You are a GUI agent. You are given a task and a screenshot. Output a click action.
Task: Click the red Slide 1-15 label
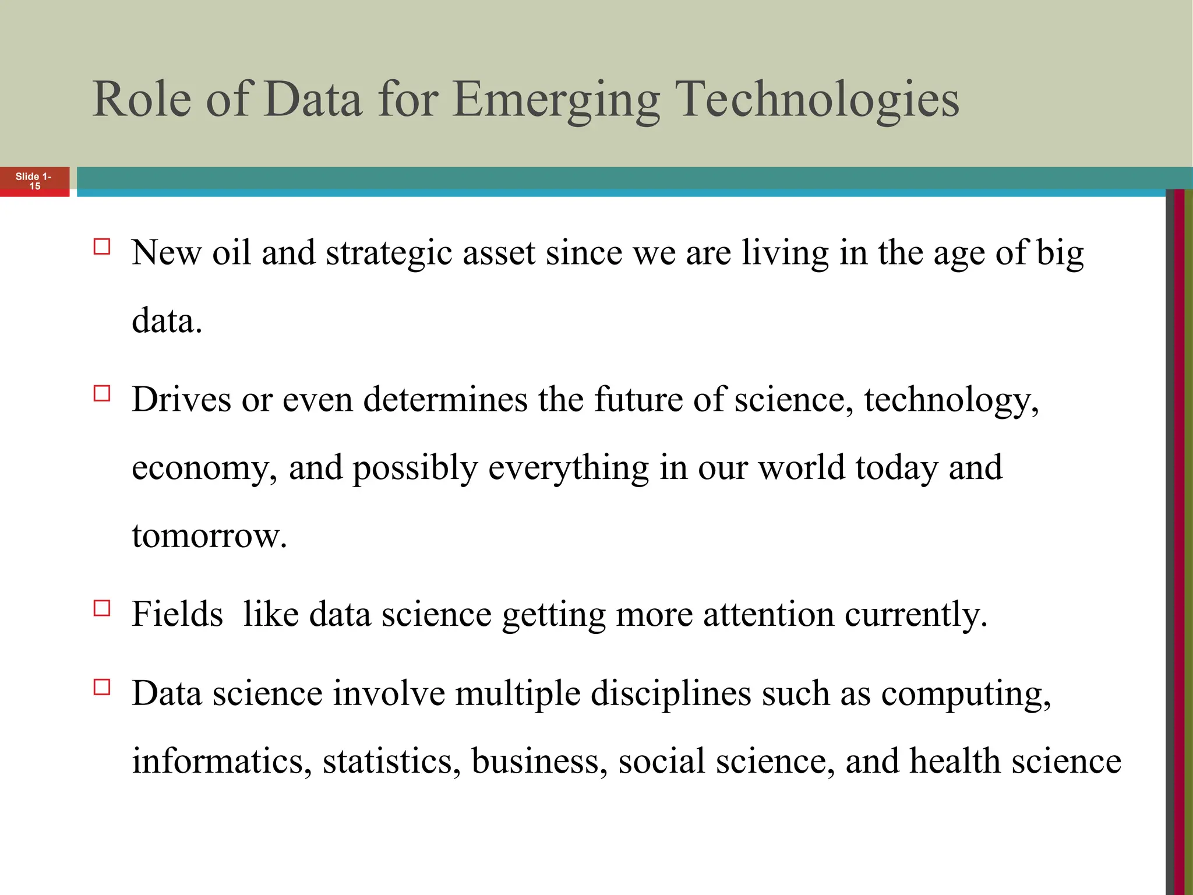click(x=34, y=181)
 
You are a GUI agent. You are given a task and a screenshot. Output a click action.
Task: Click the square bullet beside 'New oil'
click(x=102, y=246)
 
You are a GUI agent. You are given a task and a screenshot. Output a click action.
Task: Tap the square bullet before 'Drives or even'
click(x=102, y=393)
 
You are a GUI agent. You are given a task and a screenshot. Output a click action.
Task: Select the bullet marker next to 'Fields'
click(x=102, y=608)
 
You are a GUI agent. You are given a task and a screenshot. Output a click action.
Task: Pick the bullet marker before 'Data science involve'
click(x=102, y=687)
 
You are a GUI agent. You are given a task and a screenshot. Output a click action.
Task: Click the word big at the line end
click(x=1060, y=254)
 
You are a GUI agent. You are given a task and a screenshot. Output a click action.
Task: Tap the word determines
click(x=445, y=400)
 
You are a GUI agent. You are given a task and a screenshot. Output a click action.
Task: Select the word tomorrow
click(x=209, y=536)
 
